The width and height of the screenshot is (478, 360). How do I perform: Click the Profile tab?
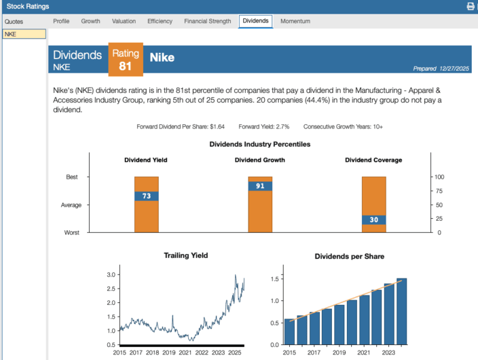coord(61,21)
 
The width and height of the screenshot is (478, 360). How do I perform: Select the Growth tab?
coord(90,21)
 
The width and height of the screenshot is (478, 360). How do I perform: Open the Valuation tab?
coord(124,21)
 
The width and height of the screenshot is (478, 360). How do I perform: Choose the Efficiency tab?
coord(160,21)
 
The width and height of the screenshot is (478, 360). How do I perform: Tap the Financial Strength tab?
coord(207,21)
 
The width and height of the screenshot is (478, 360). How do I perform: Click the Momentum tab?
coord(295,21)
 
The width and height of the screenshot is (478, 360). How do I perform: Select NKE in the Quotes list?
coord(24,34)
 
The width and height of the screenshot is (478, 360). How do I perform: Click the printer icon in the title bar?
coord(471,6)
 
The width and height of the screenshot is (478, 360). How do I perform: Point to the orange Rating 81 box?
coord(125,60)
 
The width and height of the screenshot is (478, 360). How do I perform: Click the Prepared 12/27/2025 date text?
coord(441,68)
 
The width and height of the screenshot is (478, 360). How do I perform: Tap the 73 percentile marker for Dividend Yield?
coord(146,196)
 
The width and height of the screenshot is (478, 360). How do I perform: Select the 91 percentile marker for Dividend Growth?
coord(260,186)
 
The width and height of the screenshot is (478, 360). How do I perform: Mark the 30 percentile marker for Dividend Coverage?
coord(373,220)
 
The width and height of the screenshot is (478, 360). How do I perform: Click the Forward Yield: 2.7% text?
coord(263,126)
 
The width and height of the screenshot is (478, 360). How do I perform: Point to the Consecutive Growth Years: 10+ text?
coord(343,126)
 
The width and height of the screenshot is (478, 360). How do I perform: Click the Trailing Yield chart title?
coord(185,255)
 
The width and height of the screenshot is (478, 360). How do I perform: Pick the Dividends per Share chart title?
coord(349,256)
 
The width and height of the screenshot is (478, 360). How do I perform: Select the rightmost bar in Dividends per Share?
coord(401,311)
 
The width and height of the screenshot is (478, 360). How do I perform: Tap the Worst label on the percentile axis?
coord(71,232)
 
